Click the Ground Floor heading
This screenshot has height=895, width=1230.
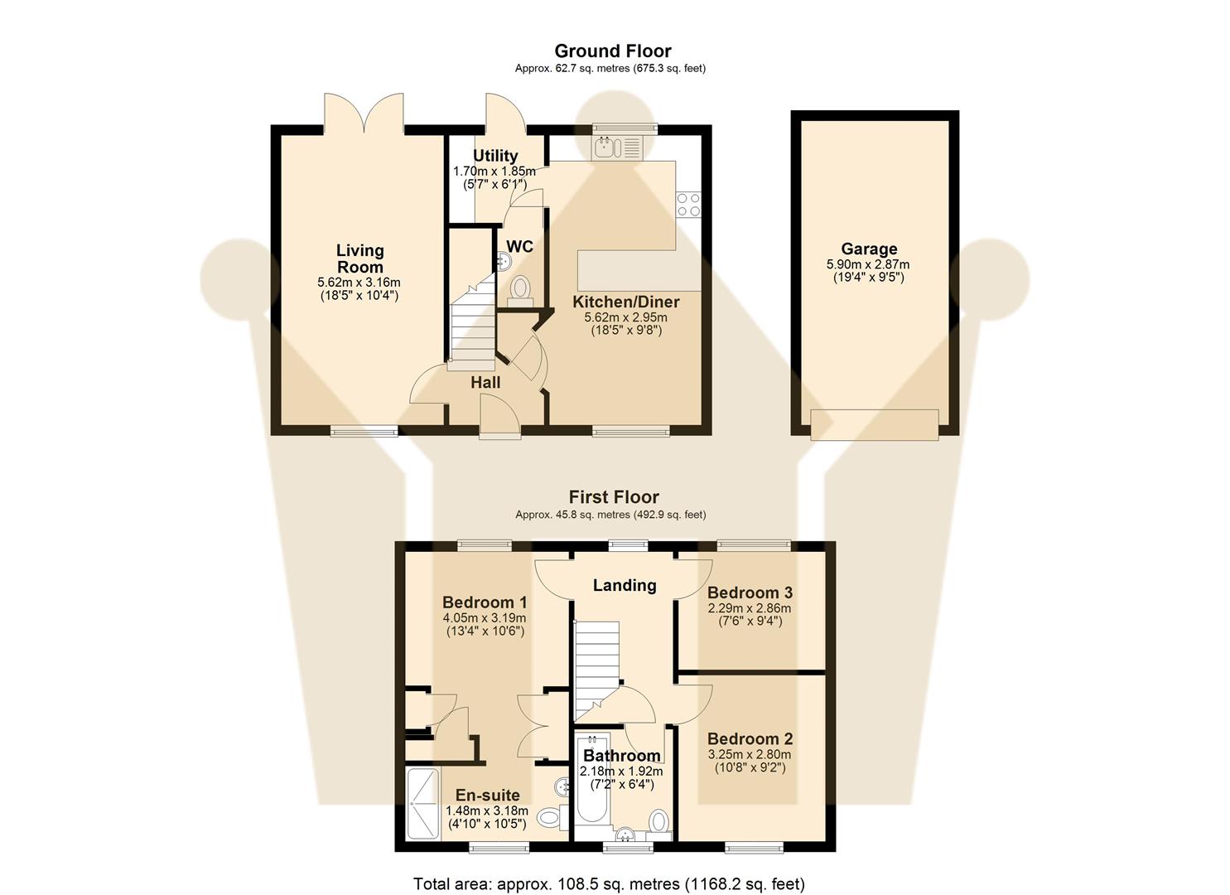click(x=612, y=51)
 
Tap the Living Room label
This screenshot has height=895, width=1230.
click(x=359, y=258)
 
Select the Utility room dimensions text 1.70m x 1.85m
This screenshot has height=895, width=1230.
click(x=494, y=172)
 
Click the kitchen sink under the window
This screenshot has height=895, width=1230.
click(x=617, y=148)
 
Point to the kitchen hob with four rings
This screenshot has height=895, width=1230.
click(x=688, y=204)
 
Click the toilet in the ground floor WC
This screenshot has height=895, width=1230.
click(x=520, y=290)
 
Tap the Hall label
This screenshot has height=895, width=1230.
click(x=485, y=382)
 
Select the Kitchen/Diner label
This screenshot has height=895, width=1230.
click(x=625, y=302)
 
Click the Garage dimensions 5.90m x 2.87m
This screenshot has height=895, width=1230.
click(x=868, y=265)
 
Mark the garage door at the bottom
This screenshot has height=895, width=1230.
click(x=875, y=424)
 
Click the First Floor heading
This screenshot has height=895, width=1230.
click(x=613, y=497)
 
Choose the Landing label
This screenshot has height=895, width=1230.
click(x=625, y=585)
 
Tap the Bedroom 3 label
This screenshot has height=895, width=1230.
click(x=750, y=593)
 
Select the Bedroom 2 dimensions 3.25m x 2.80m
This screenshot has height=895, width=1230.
click(x=749, y=754)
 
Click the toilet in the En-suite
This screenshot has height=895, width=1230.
click(x=550, y=817)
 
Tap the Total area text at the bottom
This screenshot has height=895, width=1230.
click(x=609, y=883)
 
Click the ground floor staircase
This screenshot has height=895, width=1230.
click(x=471, y=327)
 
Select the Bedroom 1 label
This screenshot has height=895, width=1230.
click(x=485, y=602)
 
